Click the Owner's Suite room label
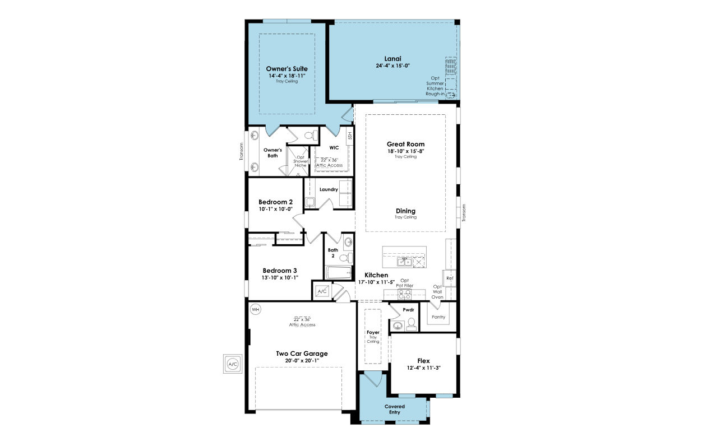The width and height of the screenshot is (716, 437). tap(287, 69)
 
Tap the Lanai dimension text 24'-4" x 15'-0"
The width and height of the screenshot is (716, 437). tap(392, 66)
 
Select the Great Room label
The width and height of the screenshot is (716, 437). tap(405, 144)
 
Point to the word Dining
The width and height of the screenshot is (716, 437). tap(405, 211)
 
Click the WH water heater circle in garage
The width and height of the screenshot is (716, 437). tap(256, 309)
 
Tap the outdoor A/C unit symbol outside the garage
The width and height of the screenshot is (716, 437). tap(233, 364)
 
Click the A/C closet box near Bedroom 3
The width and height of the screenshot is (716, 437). tap(322, 291)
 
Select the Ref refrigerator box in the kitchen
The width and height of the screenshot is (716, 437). tap(450, 278)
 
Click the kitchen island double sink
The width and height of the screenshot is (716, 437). tap(404, 262)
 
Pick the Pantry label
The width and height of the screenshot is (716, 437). tap(438, 317)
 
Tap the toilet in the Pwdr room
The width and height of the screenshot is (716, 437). tap(412, 323)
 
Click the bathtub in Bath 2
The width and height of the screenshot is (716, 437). tap(339, 272)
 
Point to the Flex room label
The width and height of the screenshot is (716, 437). tap(423, 361)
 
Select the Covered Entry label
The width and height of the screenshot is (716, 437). tap(394, 409)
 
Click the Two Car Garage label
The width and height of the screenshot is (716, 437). tap(302, 354)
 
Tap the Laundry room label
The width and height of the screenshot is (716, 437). tap(329, 189)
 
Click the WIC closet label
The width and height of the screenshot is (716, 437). tap(334, 147)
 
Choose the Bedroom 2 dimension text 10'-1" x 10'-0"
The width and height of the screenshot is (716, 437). tap(275, 209)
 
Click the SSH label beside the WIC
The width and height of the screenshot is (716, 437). tap(350, 136)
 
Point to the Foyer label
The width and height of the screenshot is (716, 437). tap(373, 332)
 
